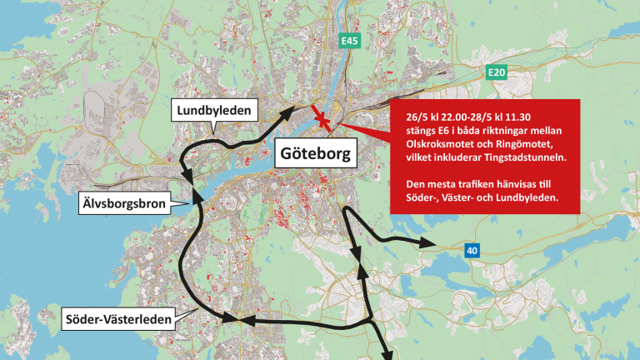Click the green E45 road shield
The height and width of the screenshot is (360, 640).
[x=348, y=40]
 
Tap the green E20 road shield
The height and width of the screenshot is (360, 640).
[x=497, y=73]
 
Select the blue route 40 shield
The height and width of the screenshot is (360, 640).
[x=472, y=249]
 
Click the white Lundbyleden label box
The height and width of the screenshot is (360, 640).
[x=212, y=111]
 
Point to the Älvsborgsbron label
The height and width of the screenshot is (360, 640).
[x=124, y=201]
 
